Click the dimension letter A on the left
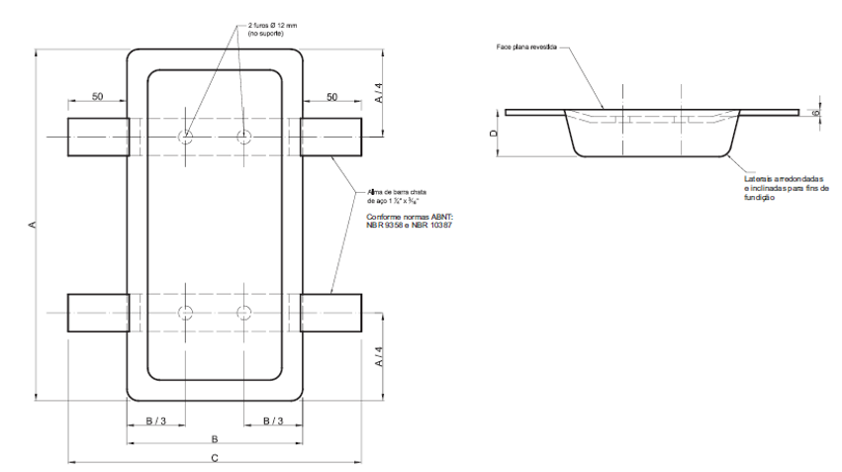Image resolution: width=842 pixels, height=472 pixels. pos(32,227)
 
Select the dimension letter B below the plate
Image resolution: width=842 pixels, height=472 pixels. pos(214,438)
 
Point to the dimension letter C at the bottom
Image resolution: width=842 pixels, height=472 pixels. pos(215,456)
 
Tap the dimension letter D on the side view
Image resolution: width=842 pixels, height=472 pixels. pos(493,133)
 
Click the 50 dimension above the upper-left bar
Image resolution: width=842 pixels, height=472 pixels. pos(97,97)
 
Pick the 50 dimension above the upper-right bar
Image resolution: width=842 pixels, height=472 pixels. pos(332,97)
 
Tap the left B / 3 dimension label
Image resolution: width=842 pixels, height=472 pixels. pos(156,422)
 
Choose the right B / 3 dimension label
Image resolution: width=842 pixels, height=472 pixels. pos(274,422)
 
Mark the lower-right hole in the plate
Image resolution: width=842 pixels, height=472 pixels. pos(243,313)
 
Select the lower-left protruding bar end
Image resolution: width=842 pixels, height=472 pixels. pos(97,313)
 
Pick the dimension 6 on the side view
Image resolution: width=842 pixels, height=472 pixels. pos(815,113)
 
